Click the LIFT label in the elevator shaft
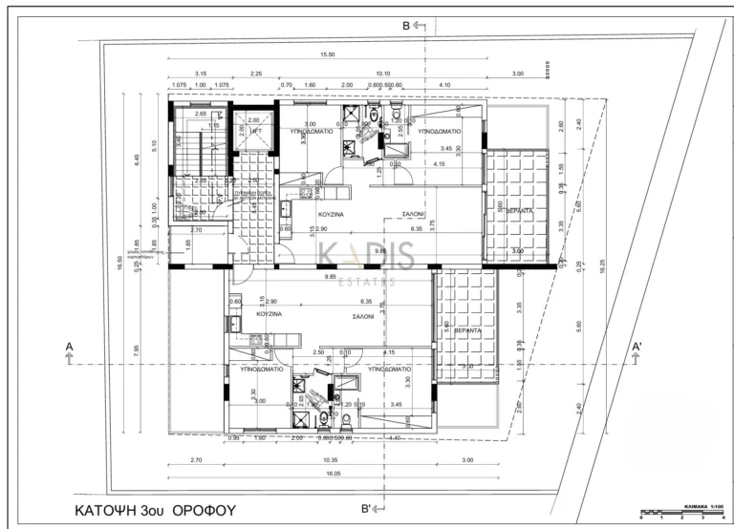click(x=254, y=131)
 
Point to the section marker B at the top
click(x=406, y=25)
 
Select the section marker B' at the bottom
click(x=366, y=509)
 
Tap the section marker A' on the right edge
click(x=637, y=346)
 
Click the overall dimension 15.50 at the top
click(x=327, y=55)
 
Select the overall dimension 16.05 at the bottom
click(x=332, y=474)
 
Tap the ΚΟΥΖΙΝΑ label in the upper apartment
click(x=332, y=216)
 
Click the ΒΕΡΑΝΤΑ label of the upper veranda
click(x=519, y=209)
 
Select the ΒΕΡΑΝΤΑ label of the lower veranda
click(x=468, y=328)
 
